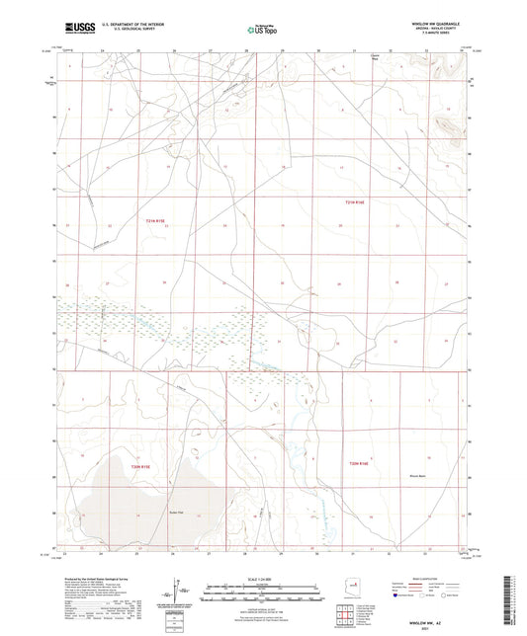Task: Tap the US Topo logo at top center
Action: [x=260, y=31]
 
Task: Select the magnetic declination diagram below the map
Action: [x=175, y=590]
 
